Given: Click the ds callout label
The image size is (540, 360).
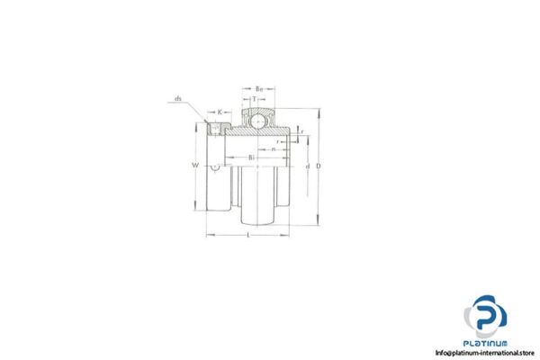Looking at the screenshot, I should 179,99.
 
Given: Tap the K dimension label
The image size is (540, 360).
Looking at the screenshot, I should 220,112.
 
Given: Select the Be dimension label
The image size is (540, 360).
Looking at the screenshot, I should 258,89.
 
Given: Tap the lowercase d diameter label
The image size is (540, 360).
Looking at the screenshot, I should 308,166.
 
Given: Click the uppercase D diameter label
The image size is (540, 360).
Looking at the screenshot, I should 320,166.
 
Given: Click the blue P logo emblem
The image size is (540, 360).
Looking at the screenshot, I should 486,316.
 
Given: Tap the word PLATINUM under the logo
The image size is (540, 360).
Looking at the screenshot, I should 487,343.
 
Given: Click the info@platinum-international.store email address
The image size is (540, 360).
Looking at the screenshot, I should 487,352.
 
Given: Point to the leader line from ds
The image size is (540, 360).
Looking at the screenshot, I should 196,111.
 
